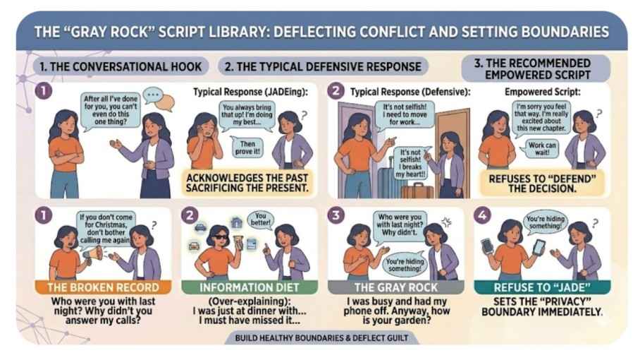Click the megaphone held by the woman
tap(93, 254)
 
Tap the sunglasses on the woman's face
tap(221, 237)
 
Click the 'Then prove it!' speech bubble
tap(247, 147)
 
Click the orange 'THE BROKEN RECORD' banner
tap(104, 287)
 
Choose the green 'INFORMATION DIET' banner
tap(249, 287)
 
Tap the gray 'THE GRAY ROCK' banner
tap(395, 287)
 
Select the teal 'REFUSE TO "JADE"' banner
tap(542, 287)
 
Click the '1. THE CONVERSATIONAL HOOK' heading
tap(121, 66)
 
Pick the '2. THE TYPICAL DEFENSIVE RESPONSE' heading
tap(323, 66)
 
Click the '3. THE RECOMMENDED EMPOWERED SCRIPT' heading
tap(536, 68)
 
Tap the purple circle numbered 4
tap(482, 215)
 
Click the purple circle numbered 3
tap(336, 215)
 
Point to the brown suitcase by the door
tap(417, 191)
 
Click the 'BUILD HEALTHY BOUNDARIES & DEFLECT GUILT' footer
tap(321, 338)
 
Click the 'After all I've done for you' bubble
tap(110, 110)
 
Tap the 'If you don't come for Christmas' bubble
tap(106, 229)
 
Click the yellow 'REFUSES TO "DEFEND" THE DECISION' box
tap(542, 184)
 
